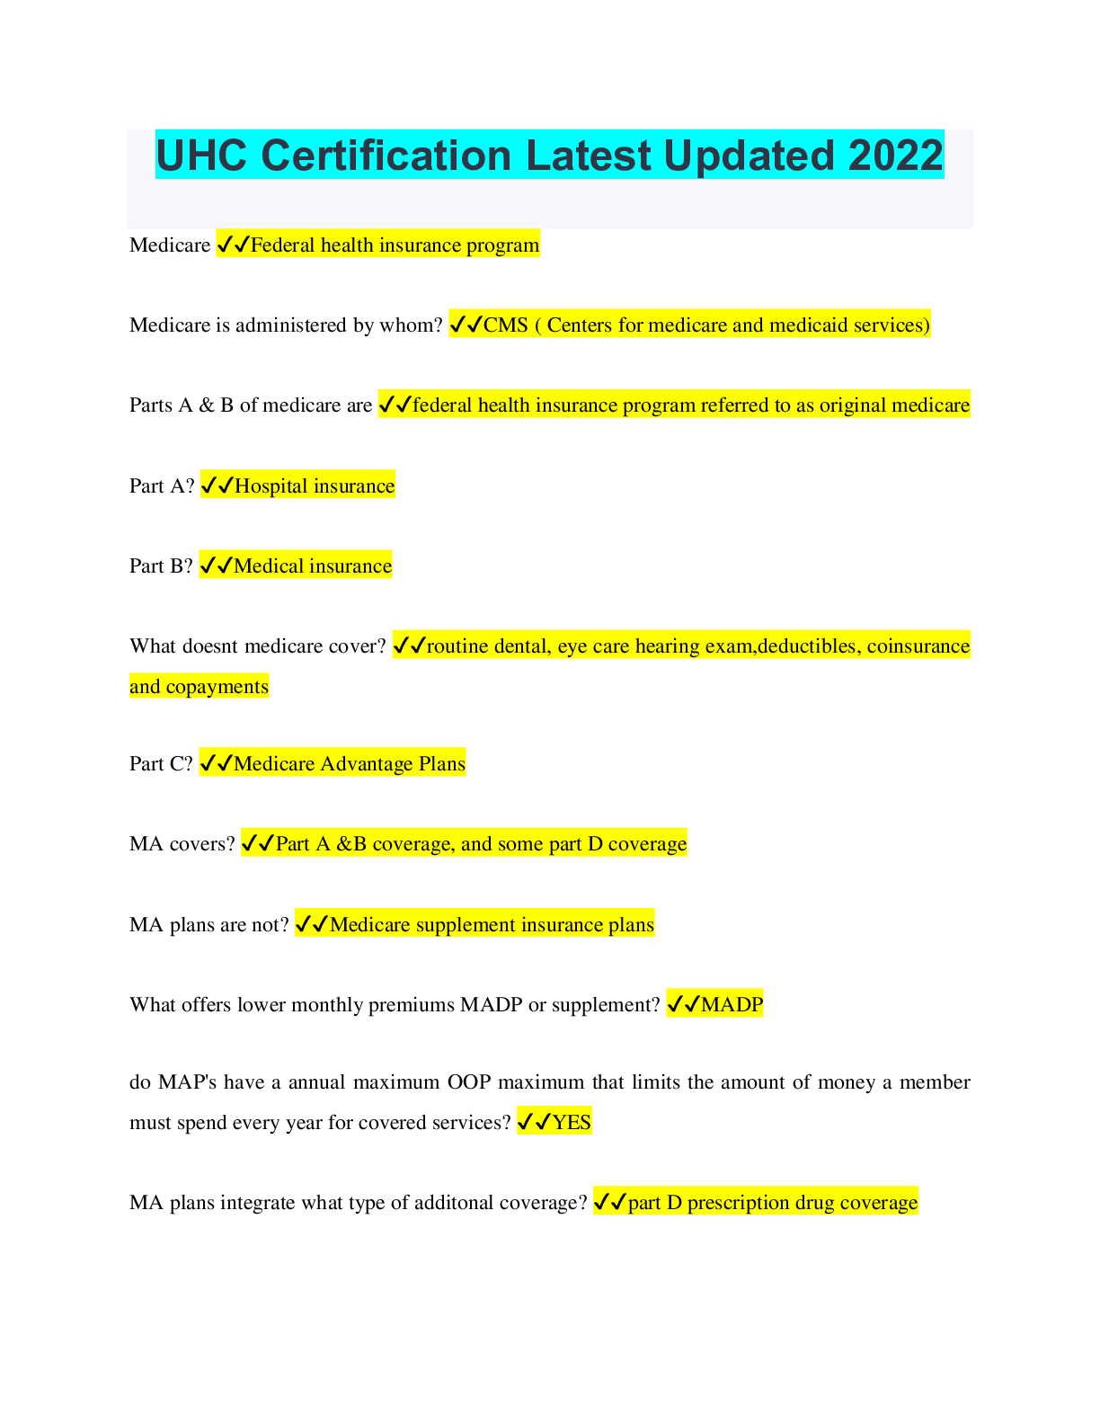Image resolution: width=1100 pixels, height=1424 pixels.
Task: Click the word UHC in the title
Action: [x=202, y=156]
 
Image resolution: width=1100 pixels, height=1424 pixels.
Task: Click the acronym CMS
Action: [x=506, y=325]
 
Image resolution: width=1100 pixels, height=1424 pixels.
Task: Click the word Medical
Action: [x=268, y=566]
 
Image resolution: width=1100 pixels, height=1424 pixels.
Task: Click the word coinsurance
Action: [x=918, y=646]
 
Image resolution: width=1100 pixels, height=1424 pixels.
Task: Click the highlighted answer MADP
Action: [x=732, y=1004]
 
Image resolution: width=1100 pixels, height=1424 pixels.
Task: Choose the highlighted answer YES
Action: [x=572, y=1122]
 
